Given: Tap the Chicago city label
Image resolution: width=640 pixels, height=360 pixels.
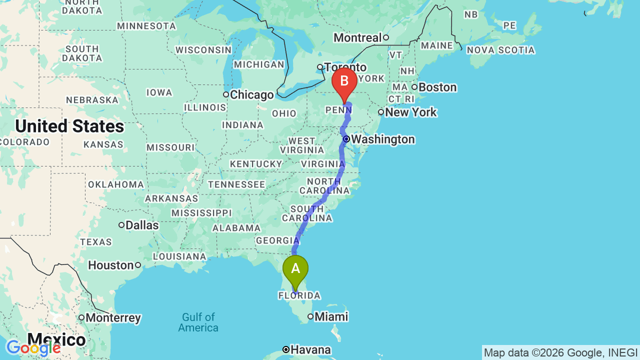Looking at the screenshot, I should pyautogui.click(x=252, y=95).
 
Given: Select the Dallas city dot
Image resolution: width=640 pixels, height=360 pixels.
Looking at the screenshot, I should pyautogui.click(x=121, y=225).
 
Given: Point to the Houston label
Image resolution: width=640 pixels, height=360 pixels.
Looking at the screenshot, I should pyautogui.click(x=111, y=265).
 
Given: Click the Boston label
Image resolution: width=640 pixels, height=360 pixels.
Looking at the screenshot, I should pyautogui.click(x=437, y=87).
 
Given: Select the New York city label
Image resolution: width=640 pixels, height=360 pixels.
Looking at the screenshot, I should pyautogui.click(x=411, y=112).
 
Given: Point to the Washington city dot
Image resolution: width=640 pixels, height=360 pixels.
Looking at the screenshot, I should pyautogui.click(x=345, y=139).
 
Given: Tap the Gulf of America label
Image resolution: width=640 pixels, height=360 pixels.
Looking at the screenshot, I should pyautogui.click(x=198, y=322).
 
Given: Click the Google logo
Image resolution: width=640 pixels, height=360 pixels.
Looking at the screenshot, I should pyautogui.click(x=33, y=348).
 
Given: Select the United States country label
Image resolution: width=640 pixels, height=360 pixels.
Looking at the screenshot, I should pyautogui.click(x=69, y=126).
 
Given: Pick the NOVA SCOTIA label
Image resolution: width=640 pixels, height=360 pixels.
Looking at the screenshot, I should pyautogui.click(x=500, y=50).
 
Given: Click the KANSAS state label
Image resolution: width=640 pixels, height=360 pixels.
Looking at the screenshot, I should pyautogui.click(x=103, y=144).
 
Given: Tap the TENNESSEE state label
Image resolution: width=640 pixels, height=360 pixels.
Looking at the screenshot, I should pyautogui.click(x=236, y=184).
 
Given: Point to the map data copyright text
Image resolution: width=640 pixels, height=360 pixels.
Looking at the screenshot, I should pyautogui.click(x=560, y=352).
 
